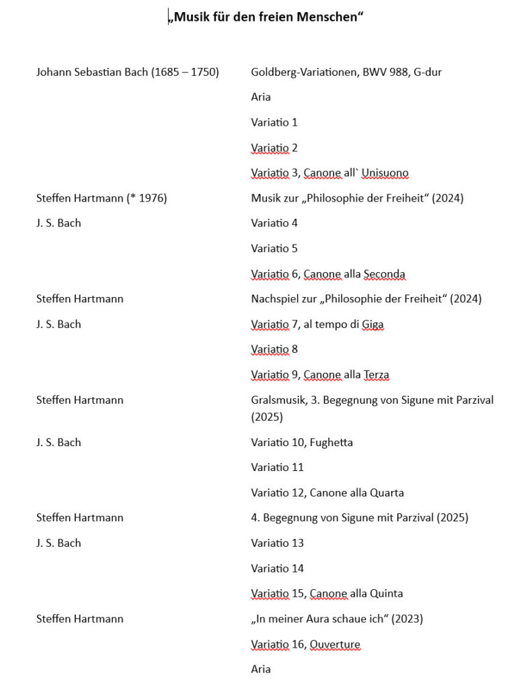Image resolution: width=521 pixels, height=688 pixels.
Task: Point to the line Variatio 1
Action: pos(274,122)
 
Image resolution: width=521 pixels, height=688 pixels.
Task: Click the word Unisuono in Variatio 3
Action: pos(385,173)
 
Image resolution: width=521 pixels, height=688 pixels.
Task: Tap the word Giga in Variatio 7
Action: pos(372,325)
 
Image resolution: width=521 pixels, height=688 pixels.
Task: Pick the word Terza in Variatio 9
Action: pos(376,375)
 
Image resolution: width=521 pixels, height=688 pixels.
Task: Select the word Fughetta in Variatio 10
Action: pos(331,443)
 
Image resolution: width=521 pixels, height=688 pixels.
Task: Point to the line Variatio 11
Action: pos(278,468)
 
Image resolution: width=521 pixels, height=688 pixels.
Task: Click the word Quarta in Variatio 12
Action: pos(387,493)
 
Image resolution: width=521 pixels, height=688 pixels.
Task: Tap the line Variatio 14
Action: pos(278,568)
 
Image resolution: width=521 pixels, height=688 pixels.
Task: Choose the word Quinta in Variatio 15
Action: pos(386,594)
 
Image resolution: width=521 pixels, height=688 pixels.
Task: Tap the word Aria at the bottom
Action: pos(261,669)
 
